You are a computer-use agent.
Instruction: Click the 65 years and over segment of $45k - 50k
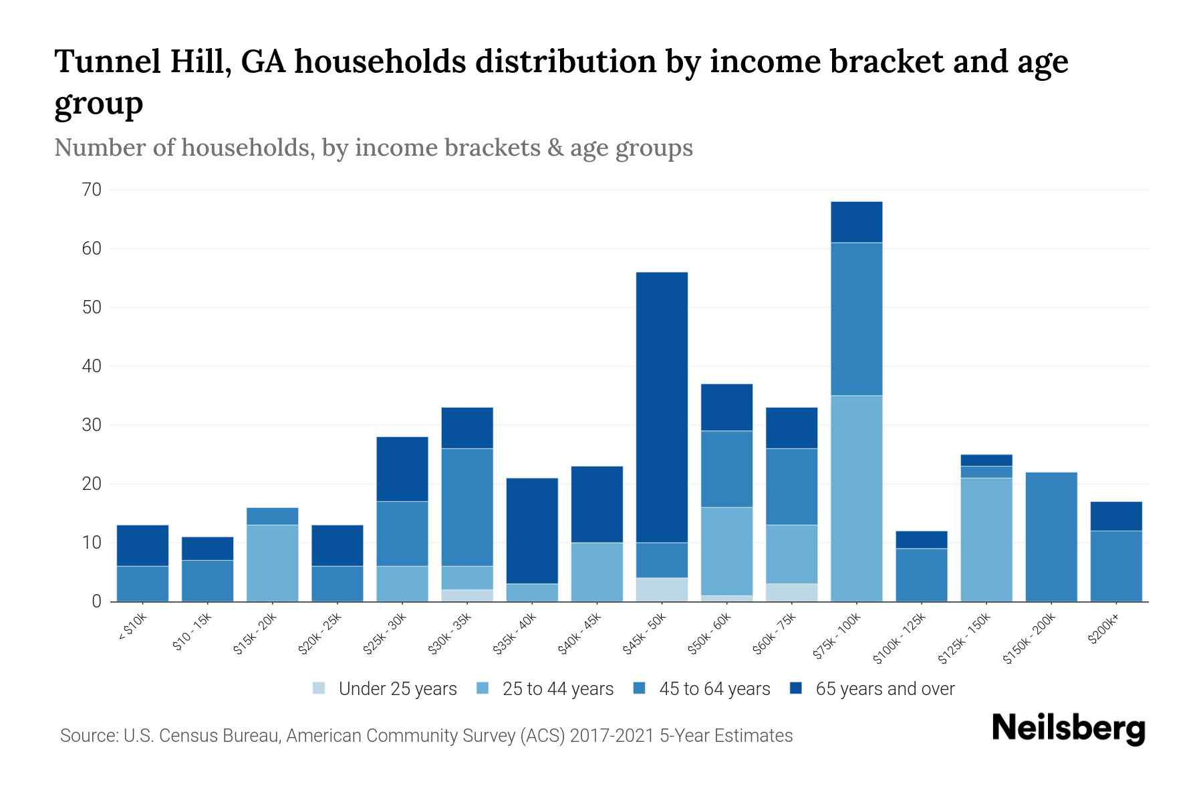coord(662,407)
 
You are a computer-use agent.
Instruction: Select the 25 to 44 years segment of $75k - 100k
coord(856,499)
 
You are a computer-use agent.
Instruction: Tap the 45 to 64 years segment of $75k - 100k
coord(856,319)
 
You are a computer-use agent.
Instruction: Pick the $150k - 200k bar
coord(1051,537)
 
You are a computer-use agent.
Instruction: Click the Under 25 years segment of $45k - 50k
coord(662,589)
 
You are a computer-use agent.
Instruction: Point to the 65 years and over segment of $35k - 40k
coord(532,531)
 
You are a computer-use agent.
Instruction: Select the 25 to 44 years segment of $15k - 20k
coord(272,563)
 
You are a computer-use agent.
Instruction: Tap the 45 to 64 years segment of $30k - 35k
coord(467,507)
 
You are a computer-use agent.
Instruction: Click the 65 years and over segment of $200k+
coord(1116,516)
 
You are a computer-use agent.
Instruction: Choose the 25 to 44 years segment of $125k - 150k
coord(986,539)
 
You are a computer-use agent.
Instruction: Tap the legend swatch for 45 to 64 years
coord(640,688)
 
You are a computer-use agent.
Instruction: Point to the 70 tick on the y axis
coord(92,190)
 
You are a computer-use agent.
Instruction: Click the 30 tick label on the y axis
coord(92,425)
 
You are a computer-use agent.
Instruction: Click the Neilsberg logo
coord(1068,729)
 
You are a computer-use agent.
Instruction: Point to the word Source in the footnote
coord(88,736)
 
